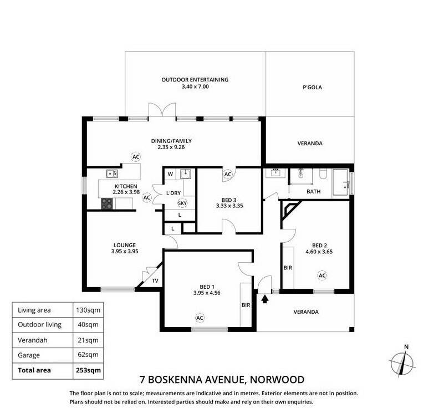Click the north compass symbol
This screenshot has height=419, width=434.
[x=402, y=362]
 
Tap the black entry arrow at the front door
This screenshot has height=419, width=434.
[x=265, y=299]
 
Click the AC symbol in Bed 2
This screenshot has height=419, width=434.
[x=322, y=275]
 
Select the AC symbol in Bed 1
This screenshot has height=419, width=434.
[x=200, y=318]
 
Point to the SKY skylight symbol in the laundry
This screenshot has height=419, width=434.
[x=182, y=203]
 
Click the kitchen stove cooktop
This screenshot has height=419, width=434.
[x=107, y=204]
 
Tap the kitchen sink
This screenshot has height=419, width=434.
[x=112, y=173]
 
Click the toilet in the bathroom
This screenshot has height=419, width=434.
[x=323, y=174]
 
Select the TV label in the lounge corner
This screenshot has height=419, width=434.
[x=155, y=280]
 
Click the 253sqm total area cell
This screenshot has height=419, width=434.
[x=88, y=370]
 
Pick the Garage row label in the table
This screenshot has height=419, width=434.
[x=29, y=355]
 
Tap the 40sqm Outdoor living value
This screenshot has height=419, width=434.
[x=88, y=324]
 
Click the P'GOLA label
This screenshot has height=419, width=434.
[x=312, y=87]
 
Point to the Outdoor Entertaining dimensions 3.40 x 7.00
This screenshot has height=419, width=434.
[x=195, y=86]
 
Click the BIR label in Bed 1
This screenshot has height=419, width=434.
[x=246, y=305]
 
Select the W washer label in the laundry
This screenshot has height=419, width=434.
[x=170, y=174]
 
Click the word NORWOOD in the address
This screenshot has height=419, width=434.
[x=277, y=380]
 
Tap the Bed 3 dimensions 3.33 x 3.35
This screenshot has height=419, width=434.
[x=229, y=206]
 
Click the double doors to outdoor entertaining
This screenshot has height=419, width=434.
[x=162, y=111]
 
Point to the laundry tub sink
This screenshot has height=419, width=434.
[x=186, y=174]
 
